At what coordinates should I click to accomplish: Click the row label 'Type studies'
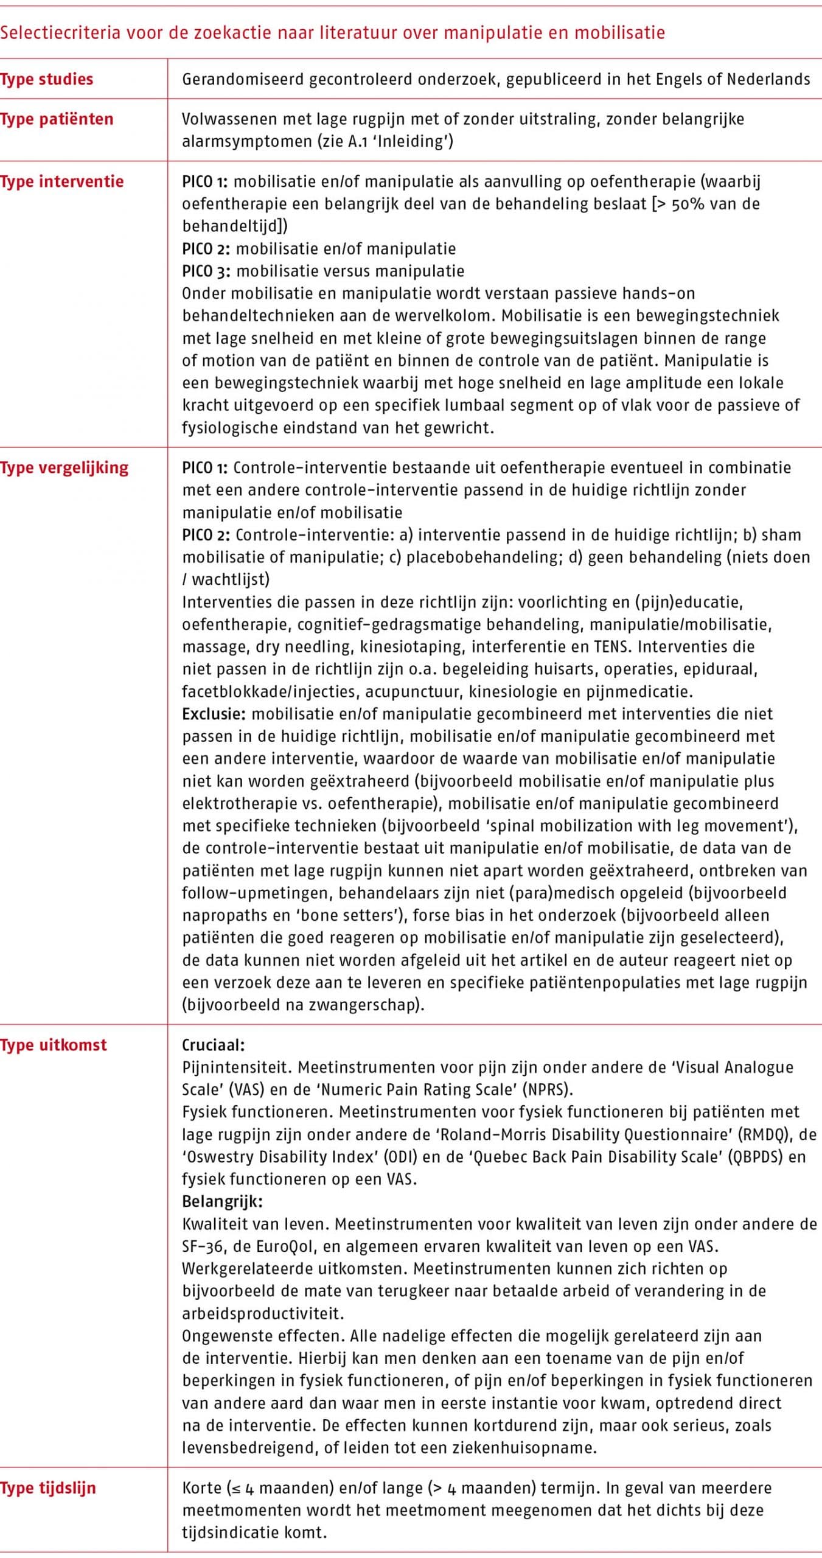pyautogui.click(x=46, y=79)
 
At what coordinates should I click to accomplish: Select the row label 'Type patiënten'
pyautogui.click(x=57, y=119)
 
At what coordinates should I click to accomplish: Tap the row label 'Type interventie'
pyautogui.click(x=61, y=181)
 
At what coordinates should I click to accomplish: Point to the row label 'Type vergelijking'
pyautogui.click(x=64, y=467)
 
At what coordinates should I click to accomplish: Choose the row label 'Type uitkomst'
pyautogui.click(x=53, y=1045)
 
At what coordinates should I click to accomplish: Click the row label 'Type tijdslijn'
pyautogui.click(x=48, y=1488)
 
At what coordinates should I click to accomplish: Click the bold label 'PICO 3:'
pyautogui.click(x=206, y=271)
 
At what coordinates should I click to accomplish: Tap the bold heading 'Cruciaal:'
pyautogui.click(x=213, y=1045)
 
